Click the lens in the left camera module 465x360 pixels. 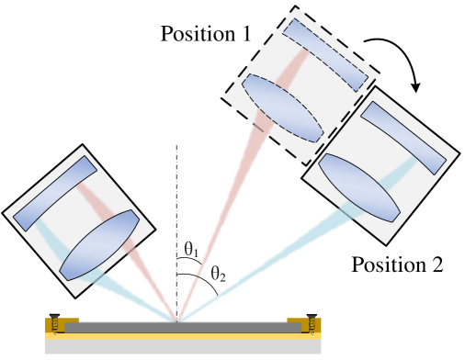pos(99,245)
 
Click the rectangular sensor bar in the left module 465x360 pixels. pos(55,193)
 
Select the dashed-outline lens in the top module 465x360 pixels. pos(282,108)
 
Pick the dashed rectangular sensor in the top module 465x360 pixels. pos(325,55)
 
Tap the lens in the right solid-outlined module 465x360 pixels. pos(358,187)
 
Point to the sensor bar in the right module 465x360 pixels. pos(403,138)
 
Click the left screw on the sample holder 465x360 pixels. pos(56,323)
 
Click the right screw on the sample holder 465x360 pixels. pos(312,323)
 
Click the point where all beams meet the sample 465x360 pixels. pos(177,321)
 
